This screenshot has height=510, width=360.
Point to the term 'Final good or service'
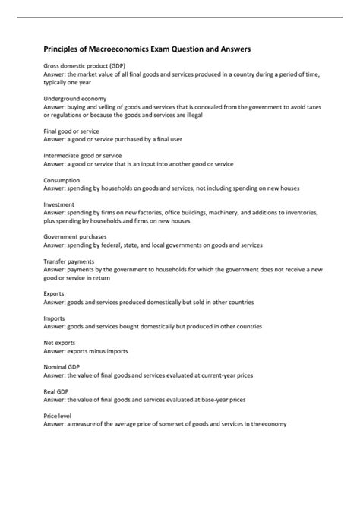point(71,131)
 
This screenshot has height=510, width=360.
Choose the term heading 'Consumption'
point(62,180)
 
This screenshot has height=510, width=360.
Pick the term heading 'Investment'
point(58,204)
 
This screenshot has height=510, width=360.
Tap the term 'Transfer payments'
point(68,261)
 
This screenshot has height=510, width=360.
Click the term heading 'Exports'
point(54,293)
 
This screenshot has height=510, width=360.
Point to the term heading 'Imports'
point(54,318)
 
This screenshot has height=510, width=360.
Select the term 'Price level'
point(58,417)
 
